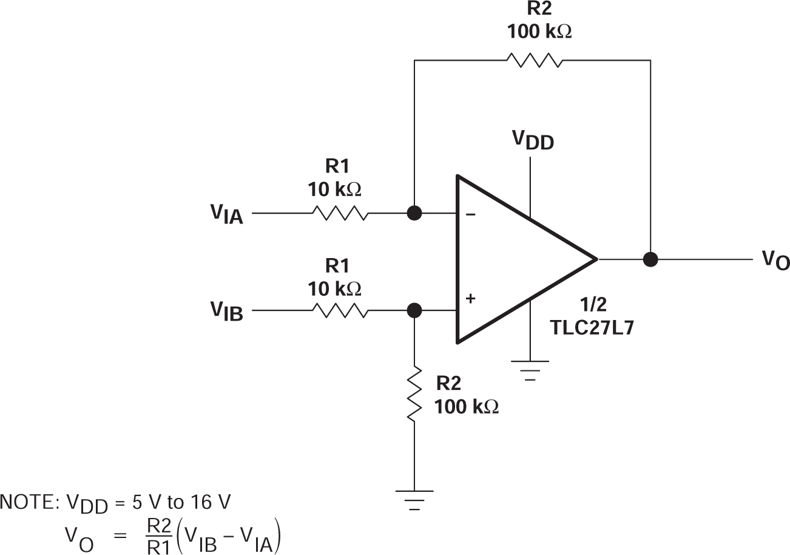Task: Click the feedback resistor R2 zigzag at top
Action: point(535,60)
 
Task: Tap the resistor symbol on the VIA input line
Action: point(340,214)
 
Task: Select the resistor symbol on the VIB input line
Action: point(340,310)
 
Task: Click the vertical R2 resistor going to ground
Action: point(414,393)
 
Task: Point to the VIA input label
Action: point(227,214)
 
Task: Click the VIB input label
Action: point(227,311)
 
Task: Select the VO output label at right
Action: point(775,260)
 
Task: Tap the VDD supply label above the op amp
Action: point(533,140)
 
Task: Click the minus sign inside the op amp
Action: point(471,214)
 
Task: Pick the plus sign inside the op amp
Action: point(471,299)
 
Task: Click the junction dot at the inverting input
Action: point(414,214)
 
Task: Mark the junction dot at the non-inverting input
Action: point(414,310)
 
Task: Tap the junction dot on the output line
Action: point(650,259)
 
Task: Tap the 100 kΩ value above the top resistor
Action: point(539,32)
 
